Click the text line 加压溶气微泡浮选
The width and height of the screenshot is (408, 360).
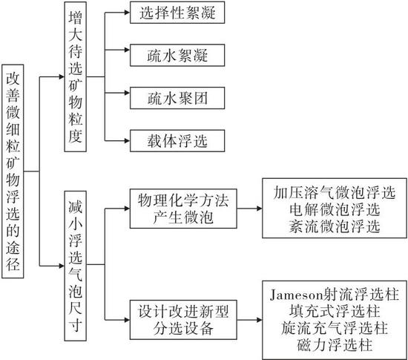[335, 193]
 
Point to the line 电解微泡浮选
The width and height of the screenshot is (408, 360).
[335, 209]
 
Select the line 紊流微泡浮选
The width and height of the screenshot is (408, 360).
[335, 226]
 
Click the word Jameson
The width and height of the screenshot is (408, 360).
[297, 295]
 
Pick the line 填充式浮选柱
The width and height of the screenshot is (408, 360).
[335, 311]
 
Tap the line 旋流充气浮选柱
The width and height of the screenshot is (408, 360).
[335, 328]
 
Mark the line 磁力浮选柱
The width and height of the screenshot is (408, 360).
[335, 344]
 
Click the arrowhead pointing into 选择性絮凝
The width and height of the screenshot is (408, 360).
[127, 13]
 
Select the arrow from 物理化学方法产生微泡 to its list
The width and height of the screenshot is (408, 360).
[249, 209]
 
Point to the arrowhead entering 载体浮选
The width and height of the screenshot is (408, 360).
[127, 141]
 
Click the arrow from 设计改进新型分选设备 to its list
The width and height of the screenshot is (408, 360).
[249, 320]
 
